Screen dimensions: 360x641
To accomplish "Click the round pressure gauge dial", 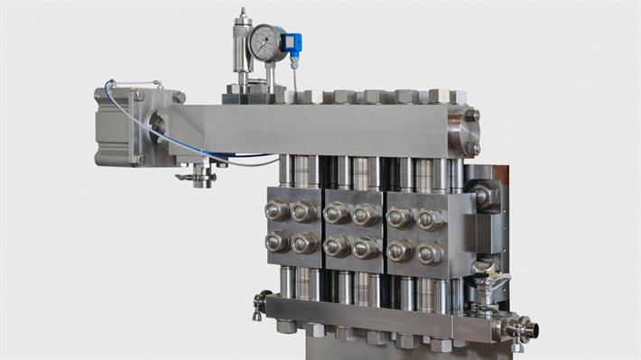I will tap(266, 42).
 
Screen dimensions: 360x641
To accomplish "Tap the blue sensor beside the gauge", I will tap(292, 42).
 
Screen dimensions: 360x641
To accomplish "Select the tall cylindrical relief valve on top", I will tap(242, 50).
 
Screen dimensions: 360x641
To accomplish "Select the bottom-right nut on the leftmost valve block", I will tap(306, 243).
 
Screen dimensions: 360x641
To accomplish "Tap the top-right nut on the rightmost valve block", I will tap(430, 218).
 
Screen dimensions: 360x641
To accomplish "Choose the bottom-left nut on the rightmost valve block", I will tap(400, 251).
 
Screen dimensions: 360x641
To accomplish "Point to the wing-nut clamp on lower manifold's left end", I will tap(260, 304).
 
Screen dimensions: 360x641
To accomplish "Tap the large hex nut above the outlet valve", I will tap(483, 196).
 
